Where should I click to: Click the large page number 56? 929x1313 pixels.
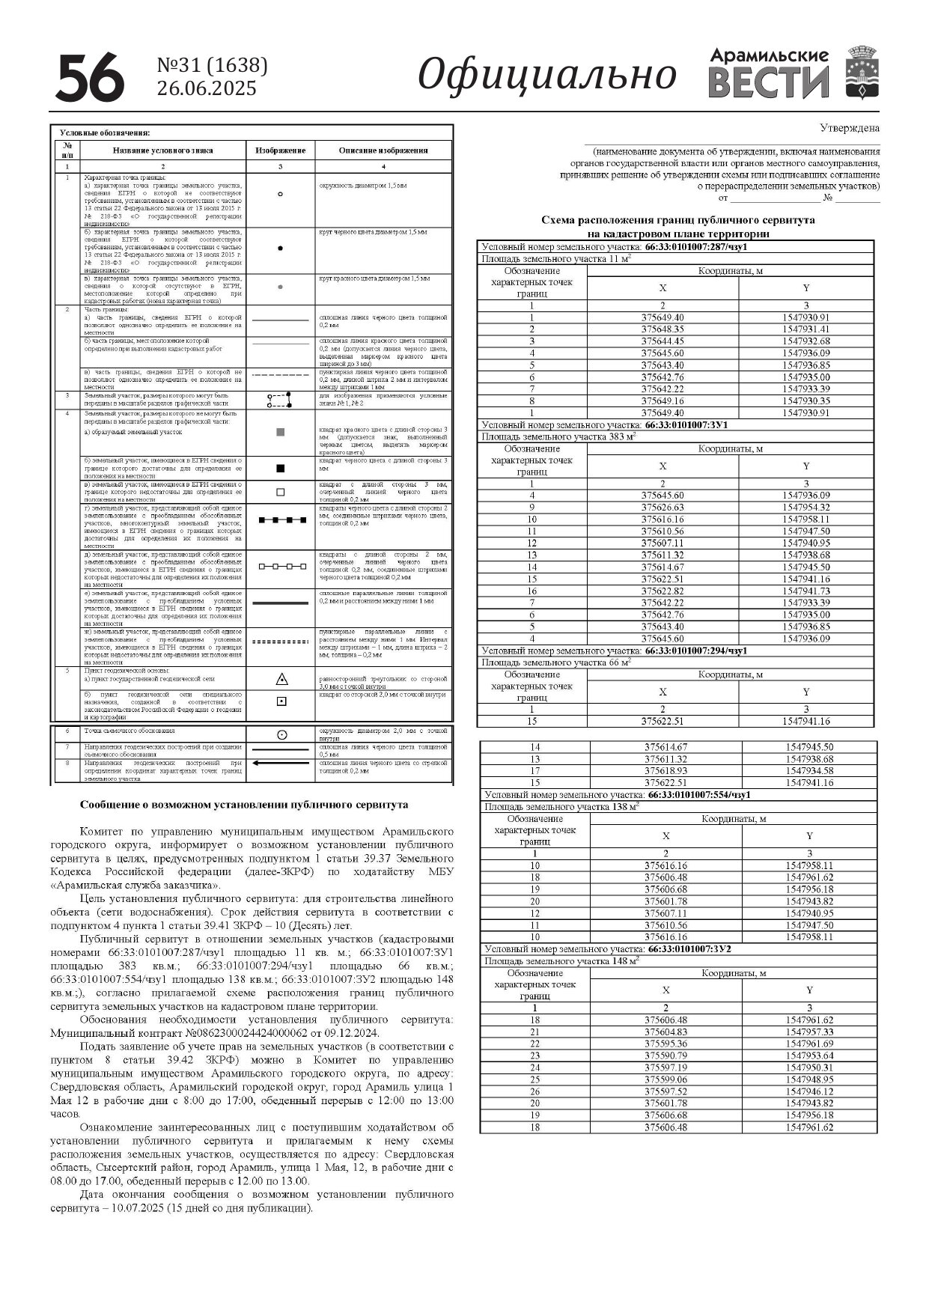click(x=89, y=77)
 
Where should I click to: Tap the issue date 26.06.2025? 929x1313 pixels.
click(x=207, y=89)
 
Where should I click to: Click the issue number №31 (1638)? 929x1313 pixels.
click(x=212, y=66)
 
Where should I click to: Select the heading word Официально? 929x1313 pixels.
click(x=546, y=75)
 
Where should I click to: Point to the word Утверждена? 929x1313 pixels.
click(x=850, y=128)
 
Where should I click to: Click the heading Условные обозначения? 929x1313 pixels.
click(x=104, y=132)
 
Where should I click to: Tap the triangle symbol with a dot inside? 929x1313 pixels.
click(x=281, y=680)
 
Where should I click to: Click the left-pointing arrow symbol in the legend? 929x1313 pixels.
click(x=281, y=764)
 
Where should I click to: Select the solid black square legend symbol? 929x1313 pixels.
click(x=281, y=469)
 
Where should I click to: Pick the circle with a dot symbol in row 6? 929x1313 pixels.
click(x=281, y=734)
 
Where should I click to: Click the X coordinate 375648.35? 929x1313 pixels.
click(x=663, y=329)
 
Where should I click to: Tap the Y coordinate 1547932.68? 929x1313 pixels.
click(x=806, y=341)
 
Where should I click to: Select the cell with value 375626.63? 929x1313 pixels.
click(x=663, y=508)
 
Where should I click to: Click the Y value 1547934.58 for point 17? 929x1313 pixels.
click(x=809, y=771)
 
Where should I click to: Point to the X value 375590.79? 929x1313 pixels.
click(x=665, y=1056)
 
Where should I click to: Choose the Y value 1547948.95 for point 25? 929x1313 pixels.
click(x=809, y=1080)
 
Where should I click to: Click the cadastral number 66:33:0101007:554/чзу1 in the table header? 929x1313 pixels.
click(x=699, y=795)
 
